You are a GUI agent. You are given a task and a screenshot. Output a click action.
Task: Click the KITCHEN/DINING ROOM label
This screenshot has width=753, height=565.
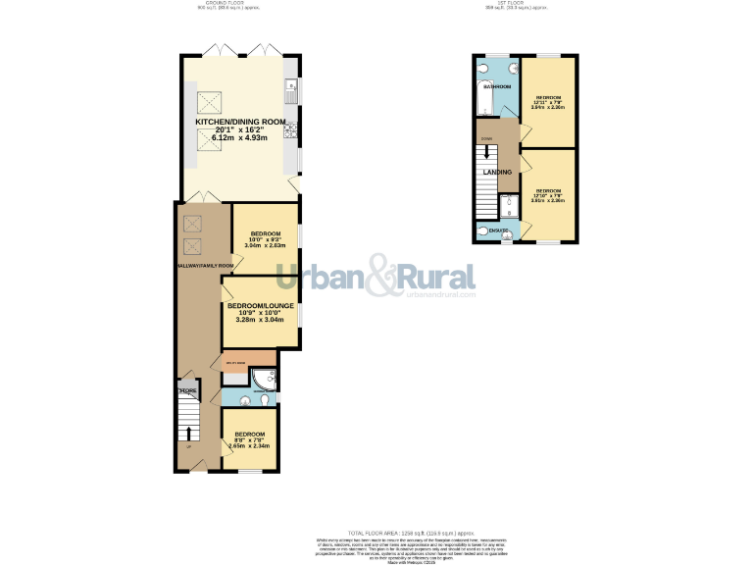click(x=240, y=122)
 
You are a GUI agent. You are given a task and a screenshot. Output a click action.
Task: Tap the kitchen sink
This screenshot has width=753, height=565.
click(x=291, y=93)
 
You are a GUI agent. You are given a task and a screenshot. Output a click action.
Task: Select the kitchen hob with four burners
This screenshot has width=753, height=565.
click(x=291, y=133)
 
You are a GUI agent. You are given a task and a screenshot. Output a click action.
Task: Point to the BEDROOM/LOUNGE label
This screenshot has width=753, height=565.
click(x=261, y=305)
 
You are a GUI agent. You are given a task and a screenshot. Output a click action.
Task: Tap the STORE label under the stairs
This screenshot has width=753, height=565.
click(x=187, y=391)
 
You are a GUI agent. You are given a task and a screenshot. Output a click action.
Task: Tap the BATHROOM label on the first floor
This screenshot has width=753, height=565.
click(x=496, y=86)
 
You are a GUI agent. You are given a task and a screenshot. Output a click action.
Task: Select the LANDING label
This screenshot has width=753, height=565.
click(x=497, y=173)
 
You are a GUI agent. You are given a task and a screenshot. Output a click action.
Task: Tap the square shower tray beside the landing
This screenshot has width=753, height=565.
click(x=509, y=205)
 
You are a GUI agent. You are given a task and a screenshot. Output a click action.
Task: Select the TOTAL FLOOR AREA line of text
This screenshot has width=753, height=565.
click(x=376, y=531)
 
